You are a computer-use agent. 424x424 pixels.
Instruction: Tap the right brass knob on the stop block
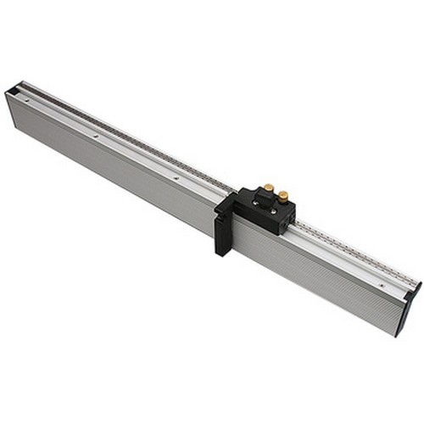click(282, 196)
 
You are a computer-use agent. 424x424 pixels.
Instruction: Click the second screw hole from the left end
click(96, 136)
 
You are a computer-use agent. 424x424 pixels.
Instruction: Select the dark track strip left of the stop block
click(127, 136)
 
